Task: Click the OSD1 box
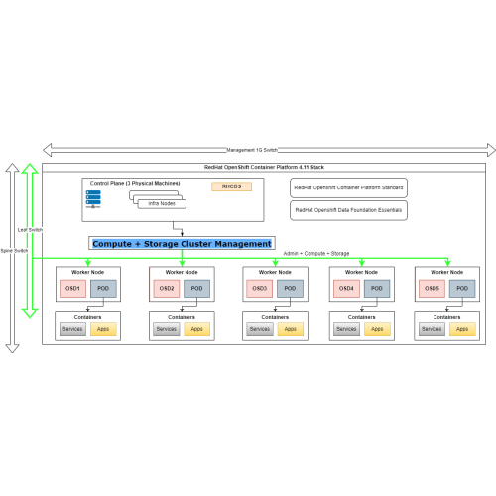click(x=71, y=289)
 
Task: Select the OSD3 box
click(x=260, y=289)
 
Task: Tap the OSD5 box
click(x=433, y=289)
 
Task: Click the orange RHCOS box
click(x=231, y=186)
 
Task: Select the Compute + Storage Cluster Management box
click(x=182, y=243)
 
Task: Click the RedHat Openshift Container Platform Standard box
click(x=348, y=186)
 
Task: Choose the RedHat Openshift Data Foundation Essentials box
click(x=348, y=210)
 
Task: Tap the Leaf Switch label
click(x=30, y=230)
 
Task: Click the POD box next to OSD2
click(x=195, y=289)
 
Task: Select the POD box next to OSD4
click(x=376, y=289)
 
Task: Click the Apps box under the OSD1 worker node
click(x=103, y=329)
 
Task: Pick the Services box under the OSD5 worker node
click(x=433, y=329)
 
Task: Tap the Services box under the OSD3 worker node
click(x=259, y=329)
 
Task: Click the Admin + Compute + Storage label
click(x=316, y=254)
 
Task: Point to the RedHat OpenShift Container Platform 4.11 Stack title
click(x=263, y=170)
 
